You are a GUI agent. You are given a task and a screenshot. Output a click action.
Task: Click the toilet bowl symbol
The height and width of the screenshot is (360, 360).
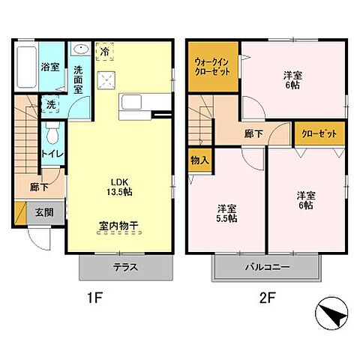[52, 135]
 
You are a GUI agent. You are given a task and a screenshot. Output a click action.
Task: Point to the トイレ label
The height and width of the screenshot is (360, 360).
[52, 154]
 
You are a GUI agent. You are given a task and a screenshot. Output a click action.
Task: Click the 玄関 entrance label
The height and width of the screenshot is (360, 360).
[43, 213]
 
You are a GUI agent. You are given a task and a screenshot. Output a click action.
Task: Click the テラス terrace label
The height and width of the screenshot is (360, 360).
[125, 267]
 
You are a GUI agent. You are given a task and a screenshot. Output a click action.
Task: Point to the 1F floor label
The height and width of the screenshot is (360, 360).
[93, 297]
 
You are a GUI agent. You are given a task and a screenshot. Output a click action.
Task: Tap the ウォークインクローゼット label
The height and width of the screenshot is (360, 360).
[212, 69]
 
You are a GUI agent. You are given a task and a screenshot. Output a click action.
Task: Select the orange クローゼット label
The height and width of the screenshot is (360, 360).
[319, 133]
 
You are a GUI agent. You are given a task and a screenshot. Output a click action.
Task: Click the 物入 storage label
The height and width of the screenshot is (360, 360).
[199, 160]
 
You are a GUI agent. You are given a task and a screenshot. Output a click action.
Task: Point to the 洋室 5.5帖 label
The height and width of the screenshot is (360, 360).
[227, 213]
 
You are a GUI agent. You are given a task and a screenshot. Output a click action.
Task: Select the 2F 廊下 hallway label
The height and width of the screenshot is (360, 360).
[253, 133]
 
